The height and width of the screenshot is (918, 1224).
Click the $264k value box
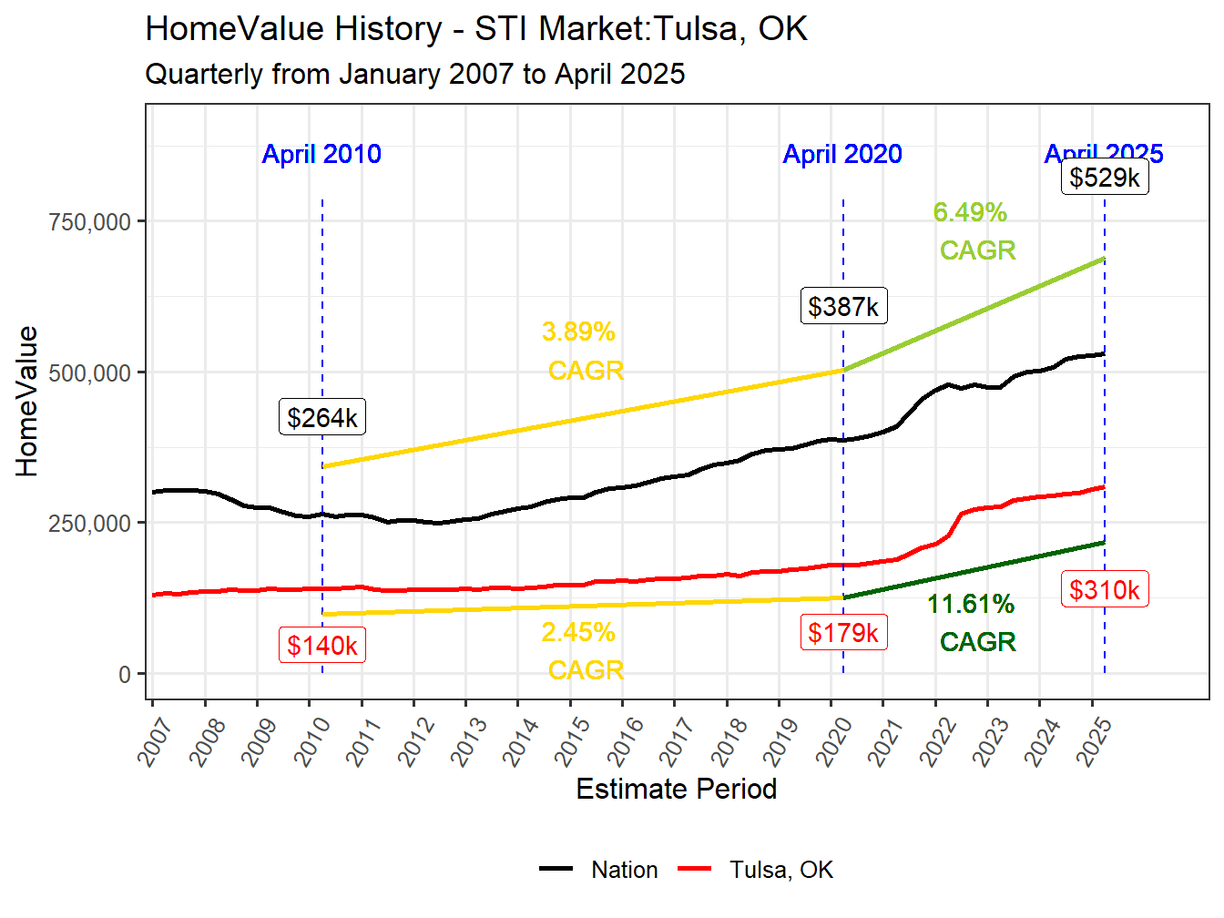pos(321,417)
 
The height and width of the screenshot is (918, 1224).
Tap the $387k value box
pos(843,306)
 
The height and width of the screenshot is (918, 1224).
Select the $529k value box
pos(1104,177)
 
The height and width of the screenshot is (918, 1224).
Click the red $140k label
pos(321,645)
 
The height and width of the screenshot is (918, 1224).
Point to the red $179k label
pos(843,632)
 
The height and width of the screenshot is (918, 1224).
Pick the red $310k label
pos(1104,590)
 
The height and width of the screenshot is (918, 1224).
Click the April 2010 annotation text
pos(321,154)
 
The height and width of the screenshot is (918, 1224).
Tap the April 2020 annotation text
pos(842,154)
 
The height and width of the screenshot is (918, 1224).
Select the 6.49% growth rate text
pos(970,212)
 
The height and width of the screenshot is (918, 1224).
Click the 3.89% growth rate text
pos(578,331)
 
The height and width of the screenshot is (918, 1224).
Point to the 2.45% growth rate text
pos(578,632)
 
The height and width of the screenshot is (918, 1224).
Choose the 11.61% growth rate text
pos(970,604)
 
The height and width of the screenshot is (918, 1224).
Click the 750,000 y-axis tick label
pos(90,222)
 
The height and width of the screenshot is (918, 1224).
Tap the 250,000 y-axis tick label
pos(90,524)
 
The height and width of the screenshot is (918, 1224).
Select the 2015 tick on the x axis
pos(573,740)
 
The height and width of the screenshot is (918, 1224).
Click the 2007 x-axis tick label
pos(156,740)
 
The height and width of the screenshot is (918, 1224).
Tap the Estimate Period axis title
pos(676,789)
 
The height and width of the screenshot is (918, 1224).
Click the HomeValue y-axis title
pos(27,402)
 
